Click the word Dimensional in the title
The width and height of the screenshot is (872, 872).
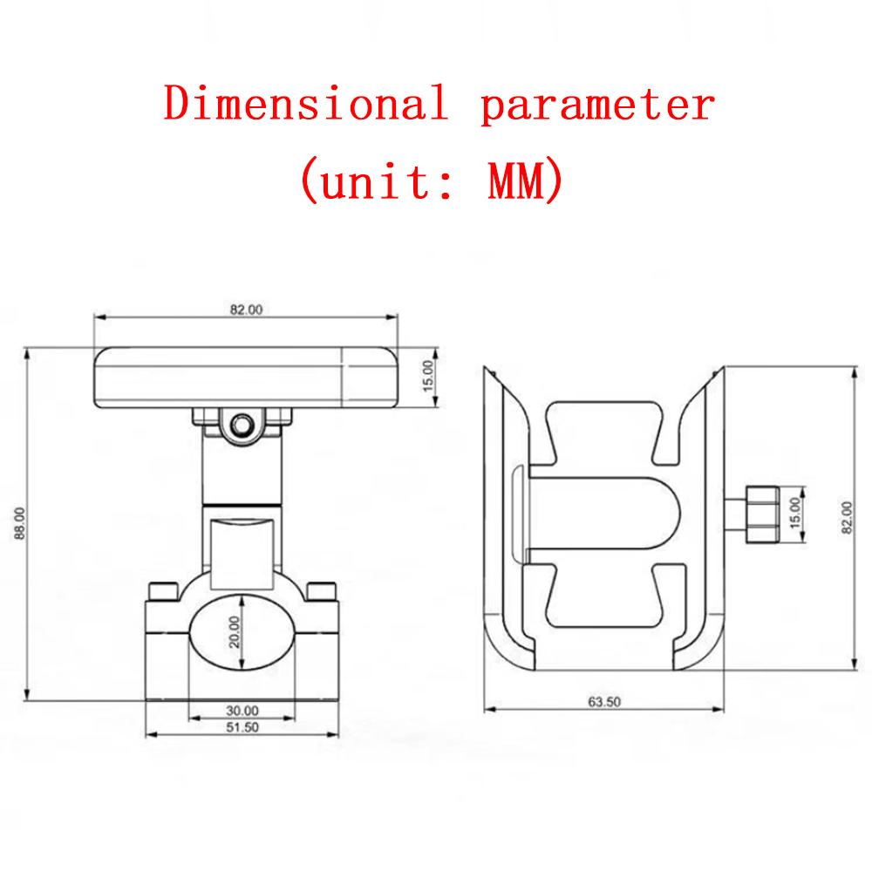(306, 103)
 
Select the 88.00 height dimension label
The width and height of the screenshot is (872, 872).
(20, 522)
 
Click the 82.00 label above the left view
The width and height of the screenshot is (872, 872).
(246, 310)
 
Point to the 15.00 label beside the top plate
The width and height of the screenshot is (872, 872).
(427, 376)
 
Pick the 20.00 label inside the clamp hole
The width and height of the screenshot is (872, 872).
(235, 632)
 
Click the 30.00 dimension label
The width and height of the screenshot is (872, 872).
(242, 711)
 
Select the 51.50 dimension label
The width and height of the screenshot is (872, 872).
(242, 727)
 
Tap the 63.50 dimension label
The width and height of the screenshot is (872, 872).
(604, 702)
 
